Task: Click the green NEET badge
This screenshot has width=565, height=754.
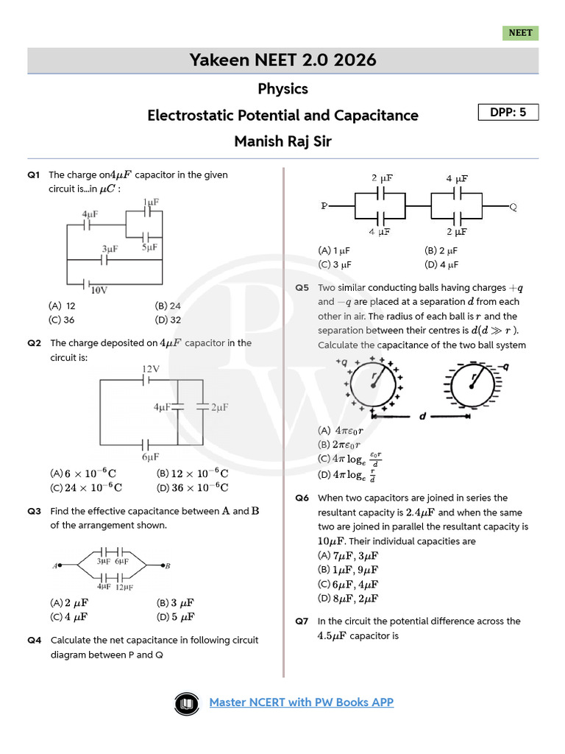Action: pyautogui.click(x=520, y=33)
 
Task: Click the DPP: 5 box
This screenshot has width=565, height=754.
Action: pyautogui.click(x=508, y=112)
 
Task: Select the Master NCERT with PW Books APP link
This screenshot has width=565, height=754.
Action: pyautogui.click(x=302, y=702)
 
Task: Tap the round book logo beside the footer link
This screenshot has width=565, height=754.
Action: pyautogui.click(x=188, y=703)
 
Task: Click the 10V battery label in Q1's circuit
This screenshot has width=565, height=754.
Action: pyautogui.click(x=99, y=290)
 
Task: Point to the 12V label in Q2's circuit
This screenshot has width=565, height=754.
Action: pyautogui.click(x=151, y=368)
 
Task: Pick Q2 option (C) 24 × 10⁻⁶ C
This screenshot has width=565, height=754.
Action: pyautogui.click(x=86, y=487)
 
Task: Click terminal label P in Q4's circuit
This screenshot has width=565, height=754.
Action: pyautogui.click(x=324, y=206)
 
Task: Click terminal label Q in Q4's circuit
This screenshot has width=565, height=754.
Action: pyautogui.click(x=513, y=207)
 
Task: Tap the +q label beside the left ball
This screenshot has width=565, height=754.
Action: pyautogui.click(x=341, y=362)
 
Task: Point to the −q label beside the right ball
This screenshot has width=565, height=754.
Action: pyautogui.click(x=503, y=366)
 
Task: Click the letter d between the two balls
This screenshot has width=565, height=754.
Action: pyautogui.click(x=422, y=417)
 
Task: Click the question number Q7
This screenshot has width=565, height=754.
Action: pyautogui.click(x=302, y=621)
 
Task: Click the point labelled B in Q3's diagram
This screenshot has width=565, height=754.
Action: pyautogui.click(x=168, y=565)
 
